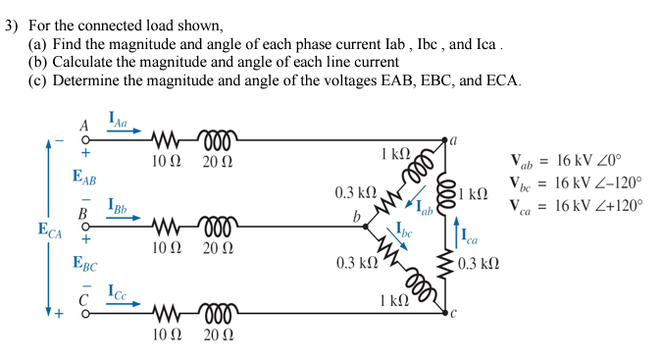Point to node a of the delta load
tap(446, 140)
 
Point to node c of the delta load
tap(446, 314)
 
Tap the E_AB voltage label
tap(84, 177)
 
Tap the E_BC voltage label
tap(84, 263)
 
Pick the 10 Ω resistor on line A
tap(164, 138)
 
